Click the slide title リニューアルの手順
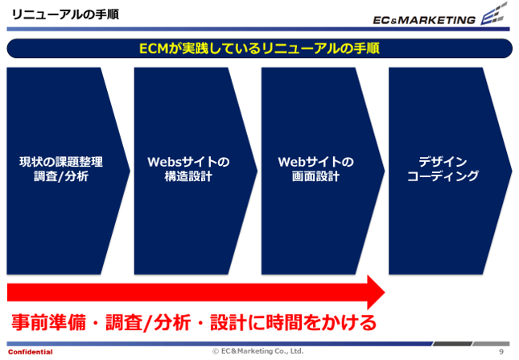pyautogui.click(x=65, y=15)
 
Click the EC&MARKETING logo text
pyautogui.click(x=424, y=20)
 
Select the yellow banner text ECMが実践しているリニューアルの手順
pyautogui.click(x=259, y=48)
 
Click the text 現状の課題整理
pyautogui.click(x=61, y=162)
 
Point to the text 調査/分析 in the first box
pyautogui.click(x=61, y=176)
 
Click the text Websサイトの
pyautogui.click(x=188, y=162)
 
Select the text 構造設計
pyautogui.click(x=188, y=176)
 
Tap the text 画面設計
pyautogui.click(x=315, y=176)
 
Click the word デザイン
pyautogui.click(x=443, y=162)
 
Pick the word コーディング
pyautogui.click(x=443, y=176)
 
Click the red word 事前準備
pyautogui.click(x=48, y=322)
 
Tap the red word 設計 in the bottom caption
pyautogui.click(x=229, y=322)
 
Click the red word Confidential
pyautogui.click(x=31, y=352)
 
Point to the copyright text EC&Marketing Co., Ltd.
pyautogui.click(x=262, y=351)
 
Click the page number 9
pyautogui.click(x=501, y=352)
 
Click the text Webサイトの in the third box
pyautogui.click(x=315, y=162)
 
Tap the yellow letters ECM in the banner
pyautogui.click(x=154, y=48)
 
